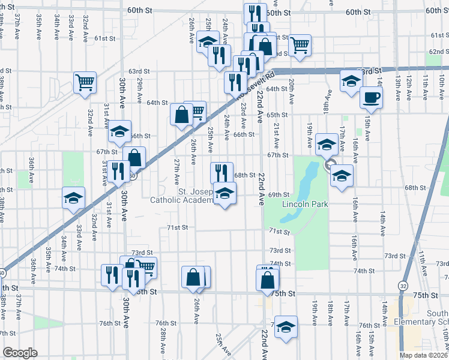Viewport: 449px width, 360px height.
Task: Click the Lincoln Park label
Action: [x=306, y=204]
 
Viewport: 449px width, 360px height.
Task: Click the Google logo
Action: [x=20, y=352]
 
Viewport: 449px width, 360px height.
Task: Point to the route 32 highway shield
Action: [x=402, y=286]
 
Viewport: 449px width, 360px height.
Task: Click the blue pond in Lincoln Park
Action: [x=306, y=178]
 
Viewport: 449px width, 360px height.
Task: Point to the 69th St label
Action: [x=279, y=194]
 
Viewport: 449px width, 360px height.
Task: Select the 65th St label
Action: [x=277, y=115]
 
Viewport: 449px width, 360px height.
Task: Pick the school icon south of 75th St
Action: [x=286, y=326]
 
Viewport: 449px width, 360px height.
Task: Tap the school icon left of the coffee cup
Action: [x=351, y=81]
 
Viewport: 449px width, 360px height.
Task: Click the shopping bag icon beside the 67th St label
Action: [x=135, y=158]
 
